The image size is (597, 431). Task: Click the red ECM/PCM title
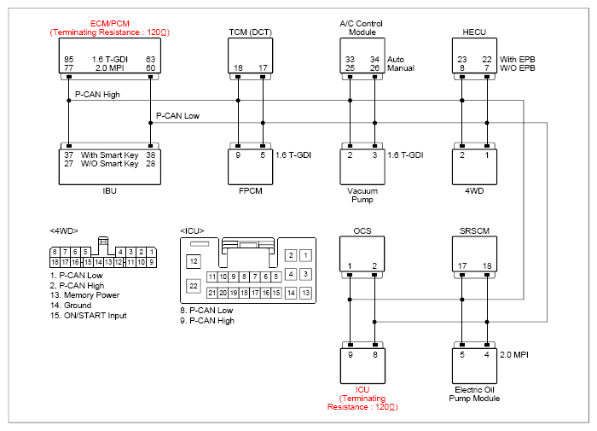pos(110,24)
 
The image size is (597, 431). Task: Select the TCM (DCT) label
pos(250,32)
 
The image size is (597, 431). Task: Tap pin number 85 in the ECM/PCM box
pos(69,60)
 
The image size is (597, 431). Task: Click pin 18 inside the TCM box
pos(238,68)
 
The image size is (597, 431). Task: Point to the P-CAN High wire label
pos(97,95)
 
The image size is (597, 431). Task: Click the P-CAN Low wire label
pos(177,116)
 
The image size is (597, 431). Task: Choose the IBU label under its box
pos(110,191)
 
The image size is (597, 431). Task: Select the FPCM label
pos(251,191)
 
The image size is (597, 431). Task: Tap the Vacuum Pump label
pos(362,195)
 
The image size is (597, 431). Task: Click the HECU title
pos(474,32)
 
